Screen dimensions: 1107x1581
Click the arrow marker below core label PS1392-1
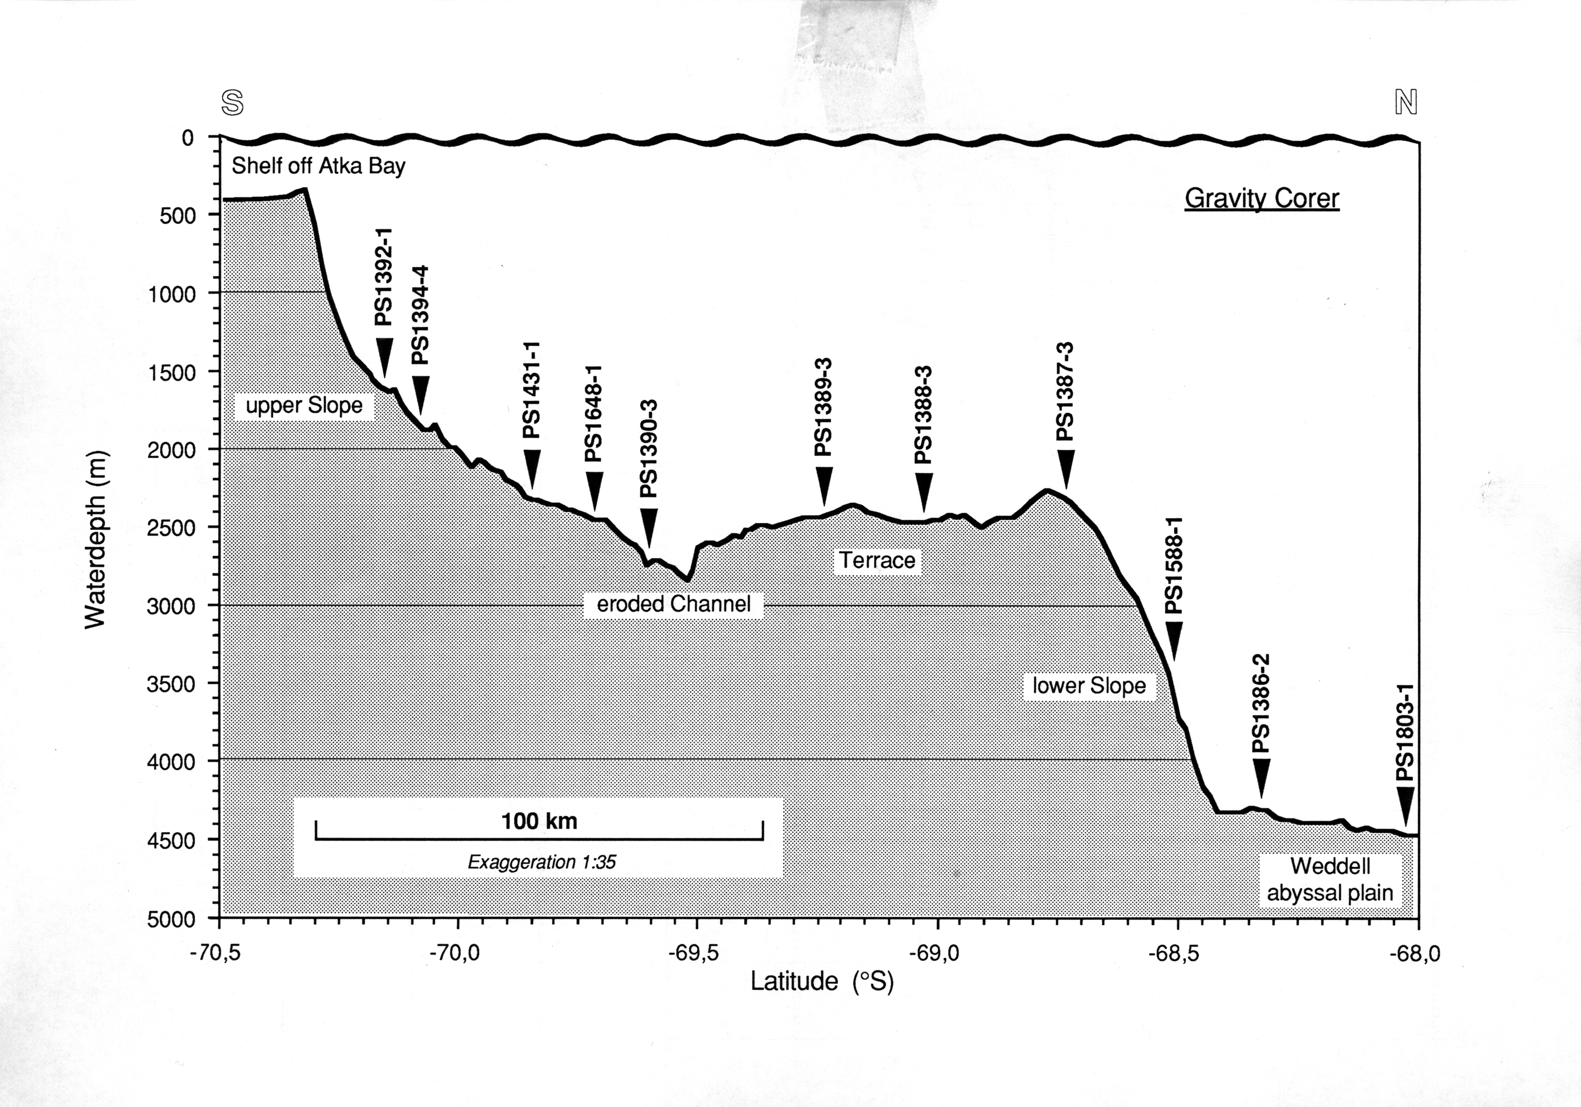click(384, 357)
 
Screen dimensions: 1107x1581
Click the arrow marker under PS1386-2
click(1261, 777)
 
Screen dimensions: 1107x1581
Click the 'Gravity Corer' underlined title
click(1261, 198)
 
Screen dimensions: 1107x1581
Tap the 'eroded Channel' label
click(673, 604)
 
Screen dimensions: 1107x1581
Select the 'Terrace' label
click(877, 560)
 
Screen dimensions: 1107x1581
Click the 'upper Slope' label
click(303, 406)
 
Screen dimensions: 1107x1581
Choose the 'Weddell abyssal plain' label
click(1330, 879)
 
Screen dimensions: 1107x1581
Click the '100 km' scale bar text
click(539, 821)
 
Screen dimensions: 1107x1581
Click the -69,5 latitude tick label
click(694, 954)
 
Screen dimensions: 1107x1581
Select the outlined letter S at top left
click(233, 103)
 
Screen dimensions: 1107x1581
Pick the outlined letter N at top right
click(1406, 103)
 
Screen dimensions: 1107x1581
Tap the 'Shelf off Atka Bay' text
click(318, 166)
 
